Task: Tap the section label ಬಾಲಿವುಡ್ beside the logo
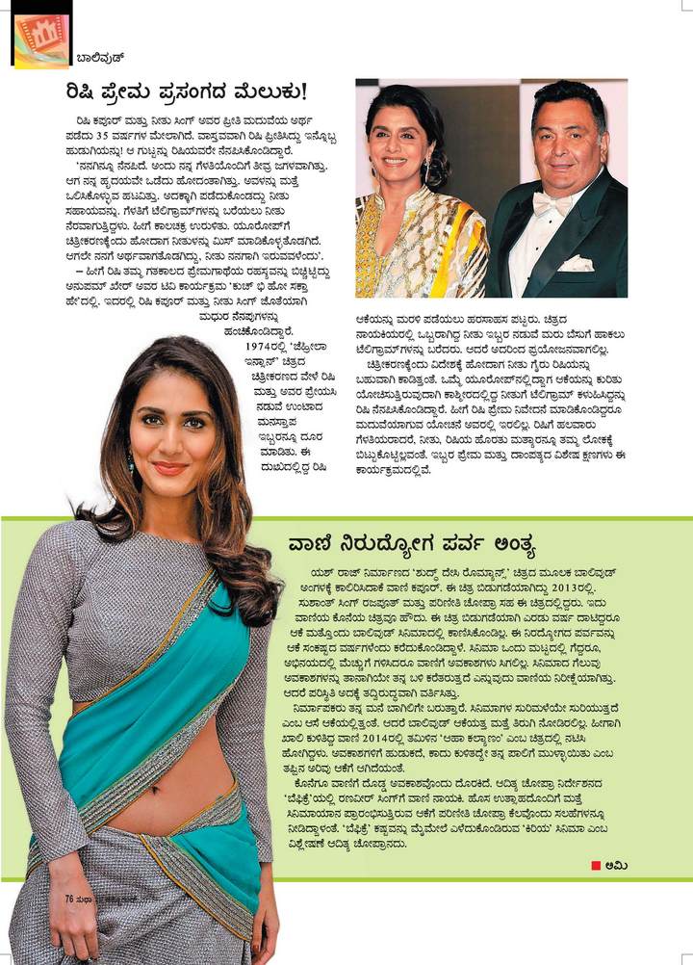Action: tap(101, 58)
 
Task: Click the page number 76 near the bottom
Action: tap(69, 898)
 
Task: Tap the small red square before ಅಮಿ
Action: tap(597, 865)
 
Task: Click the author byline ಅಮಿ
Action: tap(616, 865)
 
